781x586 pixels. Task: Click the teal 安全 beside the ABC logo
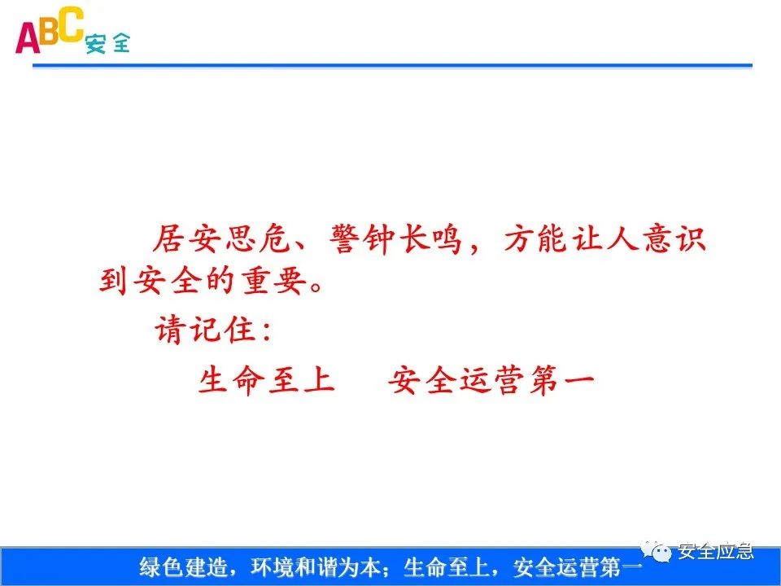click(x=107, y=43)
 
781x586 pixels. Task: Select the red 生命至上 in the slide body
click(x=267, y=379)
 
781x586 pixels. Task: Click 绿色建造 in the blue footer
click(x=175, y=566)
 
